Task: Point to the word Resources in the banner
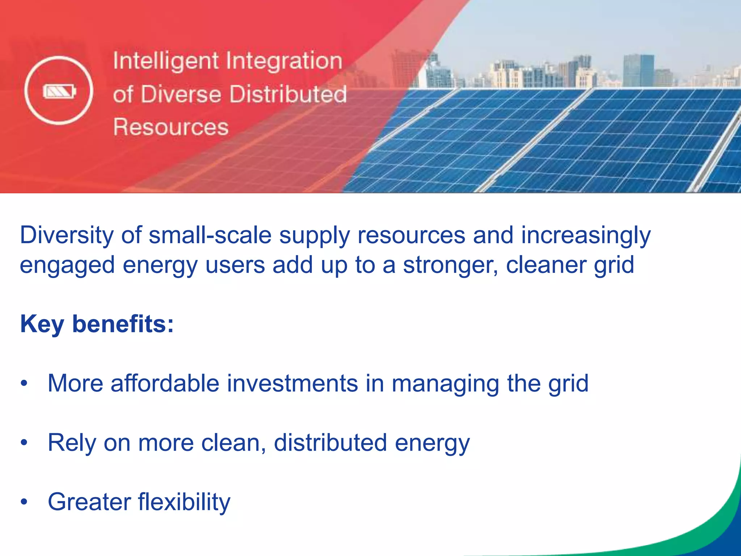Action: coord(171,127)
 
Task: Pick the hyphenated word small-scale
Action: coord(210,235)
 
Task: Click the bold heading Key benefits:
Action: coord(97,324)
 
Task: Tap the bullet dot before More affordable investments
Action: coord(24,383)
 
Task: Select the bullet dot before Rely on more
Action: coord(24,442)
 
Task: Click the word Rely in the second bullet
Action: coord(72,443)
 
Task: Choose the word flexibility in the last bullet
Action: coord(184,502)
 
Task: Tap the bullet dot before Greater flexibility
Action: coord(24,502)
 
